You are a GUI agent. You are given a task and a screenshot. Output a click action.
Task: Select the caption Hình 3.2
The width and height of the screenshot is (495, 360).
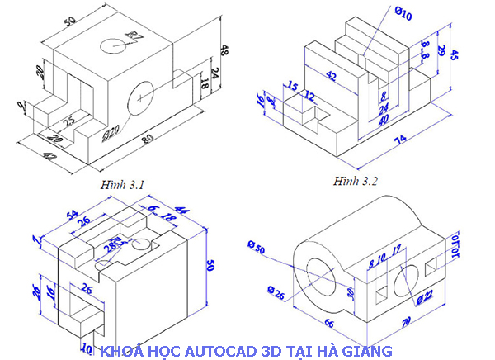[356, 180]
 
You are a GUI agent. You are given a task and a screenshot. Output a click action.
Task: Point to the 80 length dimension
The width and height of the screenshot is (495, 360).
[148, 140]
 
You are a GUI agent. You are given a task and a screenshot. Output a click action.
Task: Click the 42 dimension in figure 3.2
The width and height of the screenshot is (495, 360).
[331, 76]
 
